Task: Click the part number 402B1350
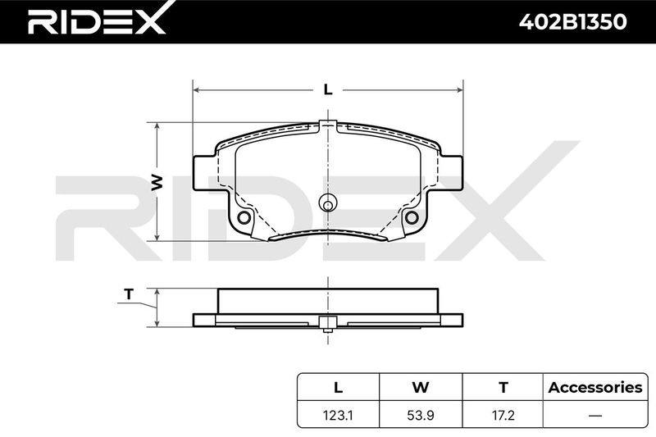(572, 22)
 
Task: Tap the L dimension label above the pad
(328, 89)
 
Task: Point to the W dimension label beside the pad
(157, 182)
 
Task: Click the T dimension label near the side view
(129, 294)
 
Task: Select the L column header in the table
(338, 387)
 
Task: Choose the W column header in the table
(421, 387)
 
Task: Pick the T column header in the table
(503, 387)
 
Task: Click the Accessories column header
(595, 387)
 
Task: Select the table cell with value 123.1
(338, 415)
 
